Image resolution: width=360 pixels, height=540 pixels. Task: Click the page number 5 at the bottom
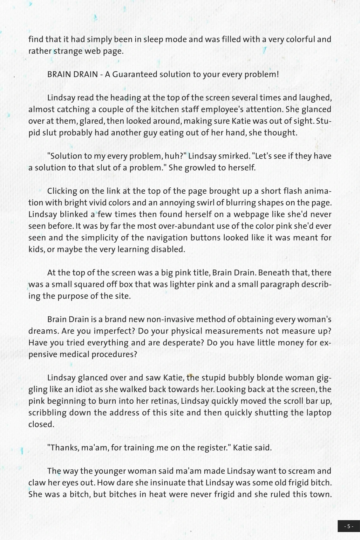pyautogui.click(x=348, y=526)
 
